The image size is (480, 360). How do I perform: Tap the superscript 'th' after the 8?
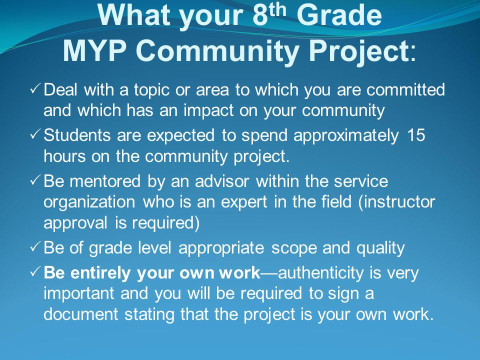(x=276, y=9)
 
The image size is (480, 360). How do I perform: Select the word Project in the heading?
(x=358, y=52)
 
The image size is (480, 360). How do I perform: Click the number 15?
(x=416, y=135)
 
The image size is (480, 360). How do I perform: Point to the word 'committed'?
(x=405, y=89)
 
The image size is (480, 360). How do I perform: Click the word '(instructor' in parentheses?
(x=396, y=202)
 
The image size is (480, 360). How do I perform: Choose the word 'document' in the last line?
(x=81, y=314)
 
